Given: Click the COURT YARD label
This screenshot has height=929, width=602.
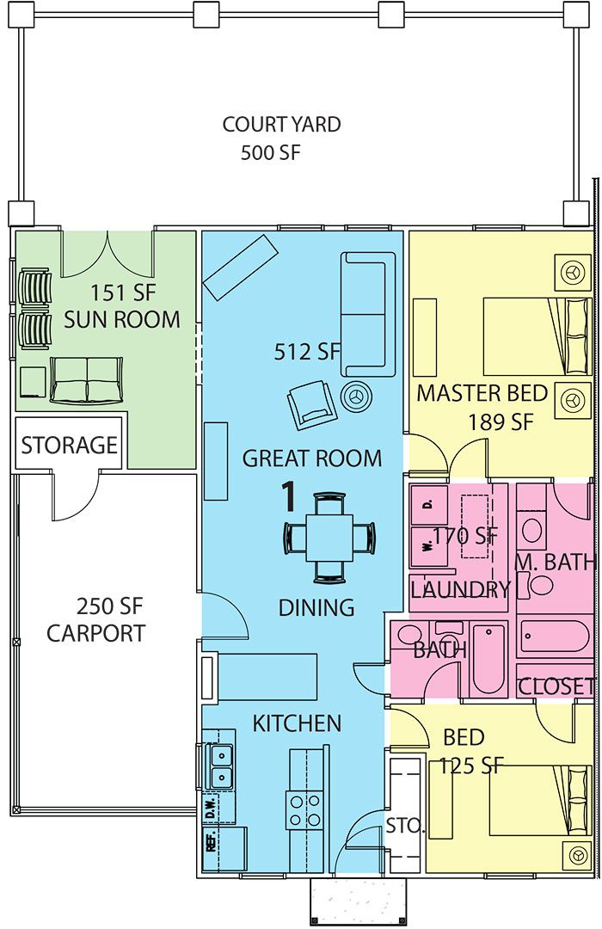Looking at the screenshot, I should pos(281,125).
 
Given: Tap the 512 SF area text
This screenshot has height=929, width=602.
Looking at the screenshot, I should pos(307,351).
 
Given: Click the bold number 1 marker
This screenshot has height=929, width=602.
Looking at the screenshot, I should pos(290,496).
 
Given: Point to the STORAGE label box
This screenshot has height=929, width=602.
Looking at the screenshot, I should pos(69,445).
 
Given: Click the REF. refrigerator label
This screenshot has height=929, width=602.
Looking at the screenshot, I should pos(210,840).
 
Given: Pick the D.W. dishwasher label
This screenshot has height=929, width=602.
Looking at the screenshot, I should pos(209,809).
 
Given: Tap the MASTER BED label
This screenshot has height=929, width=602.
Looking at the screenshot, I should pos(482,394).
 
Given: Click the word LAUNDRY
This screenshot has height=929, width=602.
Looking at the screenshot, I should pos(460,590).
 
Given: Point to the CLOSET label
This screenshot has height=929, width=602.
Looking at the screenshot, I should pos(556,686).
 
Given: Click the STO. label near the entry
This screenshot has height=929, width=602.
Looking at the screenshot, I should pos(405,827).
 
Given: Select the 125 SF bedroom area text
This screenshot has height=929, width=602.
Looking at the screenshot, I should pos(470,765).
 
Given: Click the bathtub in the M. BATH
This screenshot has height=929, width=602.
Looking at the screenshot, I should pos(555,638).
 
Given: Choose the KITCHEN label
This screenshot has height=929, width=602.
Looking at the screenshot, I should pos(297,723).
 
